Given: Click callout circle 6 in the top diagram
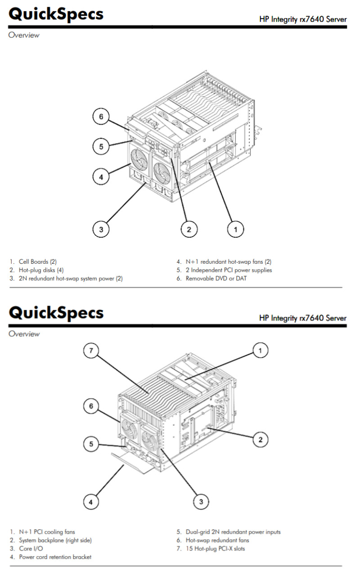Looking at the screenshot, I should pyautogui.click(x=101, y=117).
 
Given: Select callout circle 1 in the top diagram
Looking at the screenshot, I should pyautogui.click(x=234, y=229).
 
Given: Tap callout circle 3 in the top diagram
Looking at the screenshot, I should pyautogui.click(x=101, y=229).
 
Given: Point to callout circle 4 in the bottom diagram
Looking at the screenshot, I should pyautogui.click(x=91, y=501).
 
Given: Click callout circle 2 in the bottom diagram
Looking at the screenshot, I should pyautogui.click(x=261, y=440).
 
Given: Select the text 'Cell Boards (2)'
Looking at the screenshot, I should pyautogui.click(x=38, y=261).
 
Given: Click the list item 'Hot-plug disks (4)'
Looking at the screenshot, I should pyautogui.click(x=41, y=270).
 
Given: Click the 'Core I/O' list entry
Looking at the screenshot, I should pyautogui.click(x=31, y=549).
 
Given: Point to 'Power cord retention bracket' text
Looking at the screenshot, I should pyautogui.click(x=55, y=557).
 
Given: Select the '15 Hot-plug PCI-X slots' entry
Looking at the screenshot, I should pyautogui.click(x=215, y=549).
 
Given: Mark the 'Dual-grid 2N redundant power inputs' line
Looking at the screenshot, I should pyautogui.click(x=233, y=532).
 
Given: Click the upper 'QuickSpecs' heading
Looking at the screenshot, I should pyautogui.click(x=56, y=14).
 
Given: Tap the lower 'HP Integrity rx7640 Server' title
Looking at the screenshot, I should pyautogui.click(x=303, y=318).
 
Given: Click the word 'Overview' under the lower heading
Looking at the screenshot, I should pyautogui.click(x=24, y=334).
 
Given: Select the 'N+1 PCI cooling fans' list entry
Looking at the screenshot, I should pyautogui.click(x=47, y=532).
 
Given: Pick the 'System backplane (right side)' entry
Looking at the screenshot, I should pyautogui.click(x=55, y=540).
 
